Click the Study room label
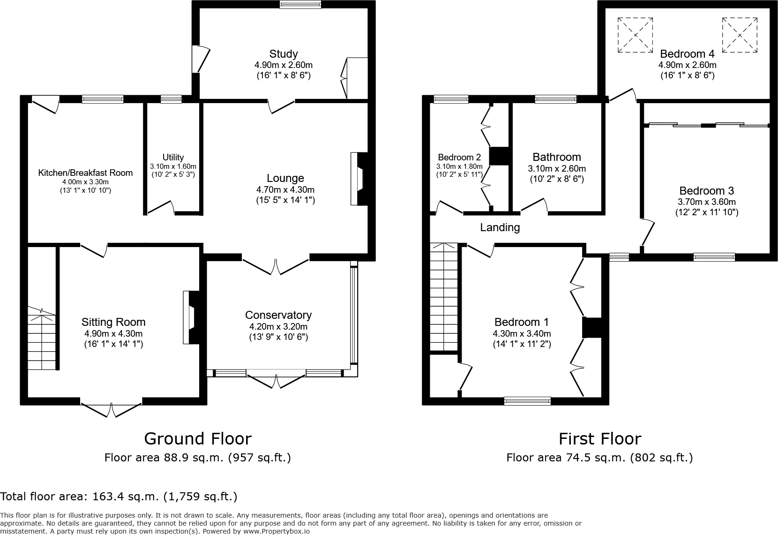284,54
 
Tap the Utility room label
173,157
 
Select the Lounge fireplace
359,179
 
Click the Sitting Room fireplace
191,317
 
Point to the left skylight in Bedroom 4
635,35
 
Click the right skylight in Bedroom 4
740,35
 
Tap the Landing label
500,227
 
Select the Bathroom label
557,157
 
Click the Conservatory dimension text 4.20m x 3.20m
278,326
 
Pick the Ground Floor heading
198,439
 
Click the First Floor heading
600,439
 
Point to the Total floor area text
119,497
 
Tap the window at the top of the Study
301,4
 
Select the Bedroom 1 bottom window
528,401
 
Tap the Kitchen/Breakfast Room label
85,173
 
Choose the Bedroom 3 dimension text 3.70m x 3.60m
707,202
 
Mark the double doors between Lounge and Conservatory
276,266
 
